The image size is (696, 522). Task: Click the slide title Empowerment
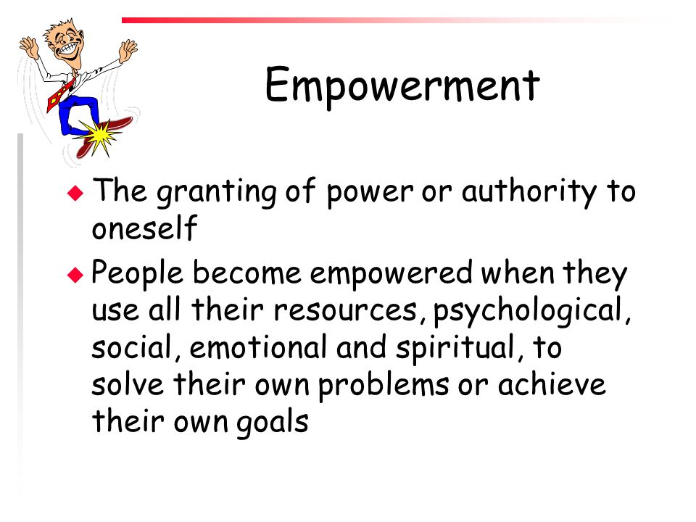(x=402, y=86)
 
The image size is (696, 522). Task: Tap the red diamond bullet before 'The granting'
(x=75, y=193)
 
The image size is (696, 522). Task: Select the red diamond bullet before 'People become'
(x=75, y=275)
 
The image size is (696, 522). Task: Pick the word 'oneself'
(x=144, y=228)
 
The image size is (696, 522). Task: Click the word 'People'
(x=137, y=273)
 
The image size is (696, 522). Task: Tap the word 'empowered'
(x=391, y=274)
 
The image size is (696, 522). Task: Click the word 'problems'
(x=384, y=385)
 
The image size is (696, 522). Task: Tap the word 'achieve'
(x=551, y=384)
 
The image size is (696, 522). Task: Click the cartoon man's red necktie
(x=61, y=94)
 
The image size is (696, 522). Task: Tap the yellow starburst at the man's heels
(x=99, y=137)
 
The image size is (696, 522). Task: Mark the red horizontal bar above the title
(x=398, y=20)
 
